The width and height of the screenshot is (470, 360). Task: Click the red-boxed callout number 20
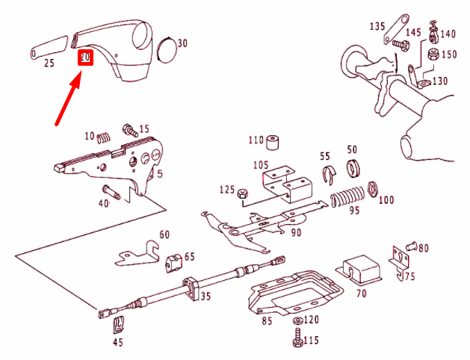coord(85,57)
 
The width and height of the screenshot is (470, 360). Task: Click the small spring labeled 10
coord(105,136)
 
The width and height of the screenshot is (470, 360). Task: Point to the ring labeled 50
coord(353,167)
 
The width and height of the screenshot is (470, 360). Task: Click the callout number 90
coord(297,233)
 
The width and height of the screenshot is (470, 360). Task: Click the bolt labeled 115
coord(297,340)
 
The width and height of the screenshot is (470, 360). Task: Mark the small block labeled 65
coord(174,259)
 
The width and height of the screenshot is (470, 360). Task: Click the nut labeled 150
coord(433,55)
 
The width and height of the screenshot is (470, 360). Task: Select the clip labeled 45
coord(117,326)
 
